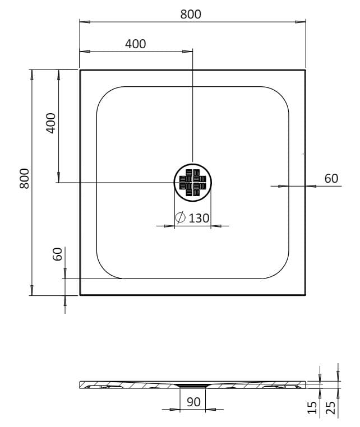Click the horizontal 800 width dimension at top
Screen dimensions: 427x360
click(191, 15)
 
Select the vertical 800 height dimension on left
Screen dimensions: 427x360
click(24, 179)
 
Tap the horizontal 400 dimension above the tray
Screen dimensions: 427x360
click(135, 44)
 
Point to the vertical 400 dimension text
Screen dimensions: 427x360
click(50, 123)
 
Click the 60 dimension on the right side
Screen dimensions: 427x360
click(331, 178)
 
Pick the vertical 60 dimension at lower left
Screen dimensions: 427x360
click(57, 255)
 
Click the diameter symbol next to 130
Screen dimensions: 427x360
click(181, 219)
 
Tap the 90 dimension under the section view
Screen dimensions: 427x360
click(193, 402)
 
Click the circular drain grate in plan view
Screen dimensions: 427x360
click(193, 182)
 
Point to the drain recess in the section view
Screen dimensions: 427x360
click(193, 386)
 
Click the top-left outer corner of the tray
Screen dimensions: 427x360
click(80, 70)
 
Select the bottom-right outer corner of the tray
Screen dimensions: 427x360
click(306, 295)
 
